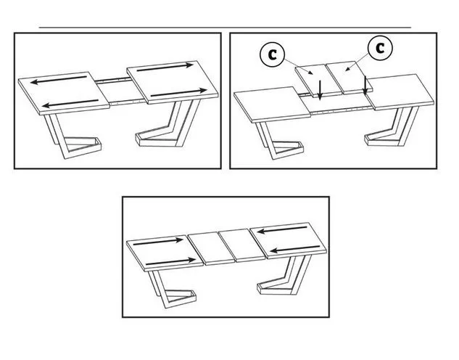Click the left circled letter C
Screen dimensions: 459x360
coord(272,54)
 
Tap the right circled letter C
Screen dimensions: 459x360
coord(380,48)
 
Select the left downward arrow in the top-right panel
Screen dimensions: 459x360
coord(320,90)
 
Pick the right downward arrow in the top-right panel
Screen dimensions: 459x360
coord(365,86)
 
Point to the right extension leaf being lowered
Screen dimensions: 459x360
coord(350,77)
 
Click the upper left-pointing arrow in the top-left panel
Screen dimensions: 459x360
coord(59,80)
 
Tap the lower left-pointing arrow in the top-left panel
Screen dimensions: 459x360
coord(70,103)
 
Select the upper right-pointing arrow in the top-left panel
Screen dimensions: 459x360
coord(165,67)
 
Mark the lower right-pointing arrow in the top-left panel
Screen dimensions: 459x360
coord(178,93)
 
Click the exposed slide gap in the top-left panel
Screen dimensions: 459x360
coord(122,91)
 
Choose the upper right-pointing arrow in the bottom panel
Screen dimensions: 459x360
coord(158,242)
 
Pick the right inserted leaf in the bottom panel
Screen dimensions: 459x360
coord(242,245)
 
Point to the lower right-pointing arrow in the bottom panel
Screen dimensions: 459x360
coord(170,261)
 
